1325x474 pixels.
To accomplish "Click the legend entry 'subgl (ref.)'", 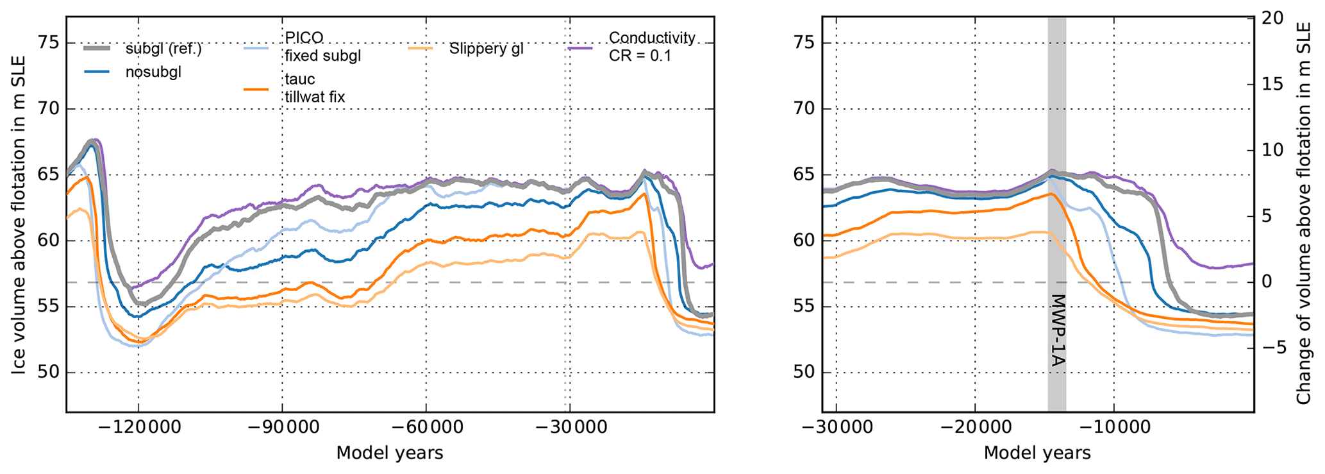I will [x=163, y=49].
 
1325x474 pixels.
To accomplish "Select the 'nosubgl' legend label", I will [x=153, y=72].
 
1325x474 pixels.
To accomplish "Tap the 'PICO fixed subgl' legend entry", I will [x=322, y=47].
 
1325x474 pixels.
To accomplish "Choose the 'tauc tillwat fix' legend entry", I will [x=315, y=88].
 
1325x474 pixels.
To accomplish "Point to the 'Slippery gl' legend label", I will [x=486, y=49].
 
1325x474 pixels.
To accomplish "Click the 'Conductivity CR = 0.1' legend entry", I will [x=651, y=47].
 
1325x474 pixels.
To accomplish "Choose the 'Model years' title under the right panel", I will [x=1037, y=453].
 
